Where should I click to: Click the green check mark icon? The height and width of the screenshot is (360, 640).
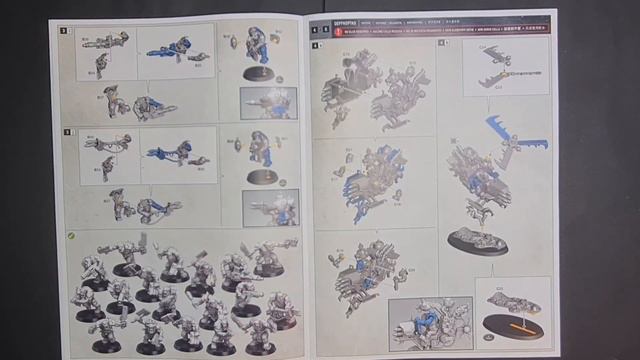click(71, 235)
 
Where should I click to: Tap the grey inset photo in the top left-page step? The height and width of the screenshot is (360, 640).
click(268, 103)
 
